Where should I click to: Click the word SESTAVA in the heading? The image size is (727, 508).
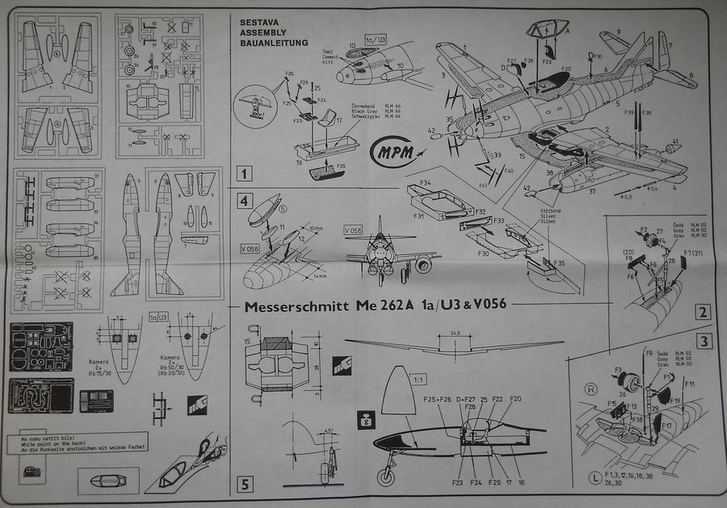click(x=257, y=21)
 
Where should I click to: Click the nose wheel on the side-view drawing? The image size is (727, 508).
click(x=389, y=477)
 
